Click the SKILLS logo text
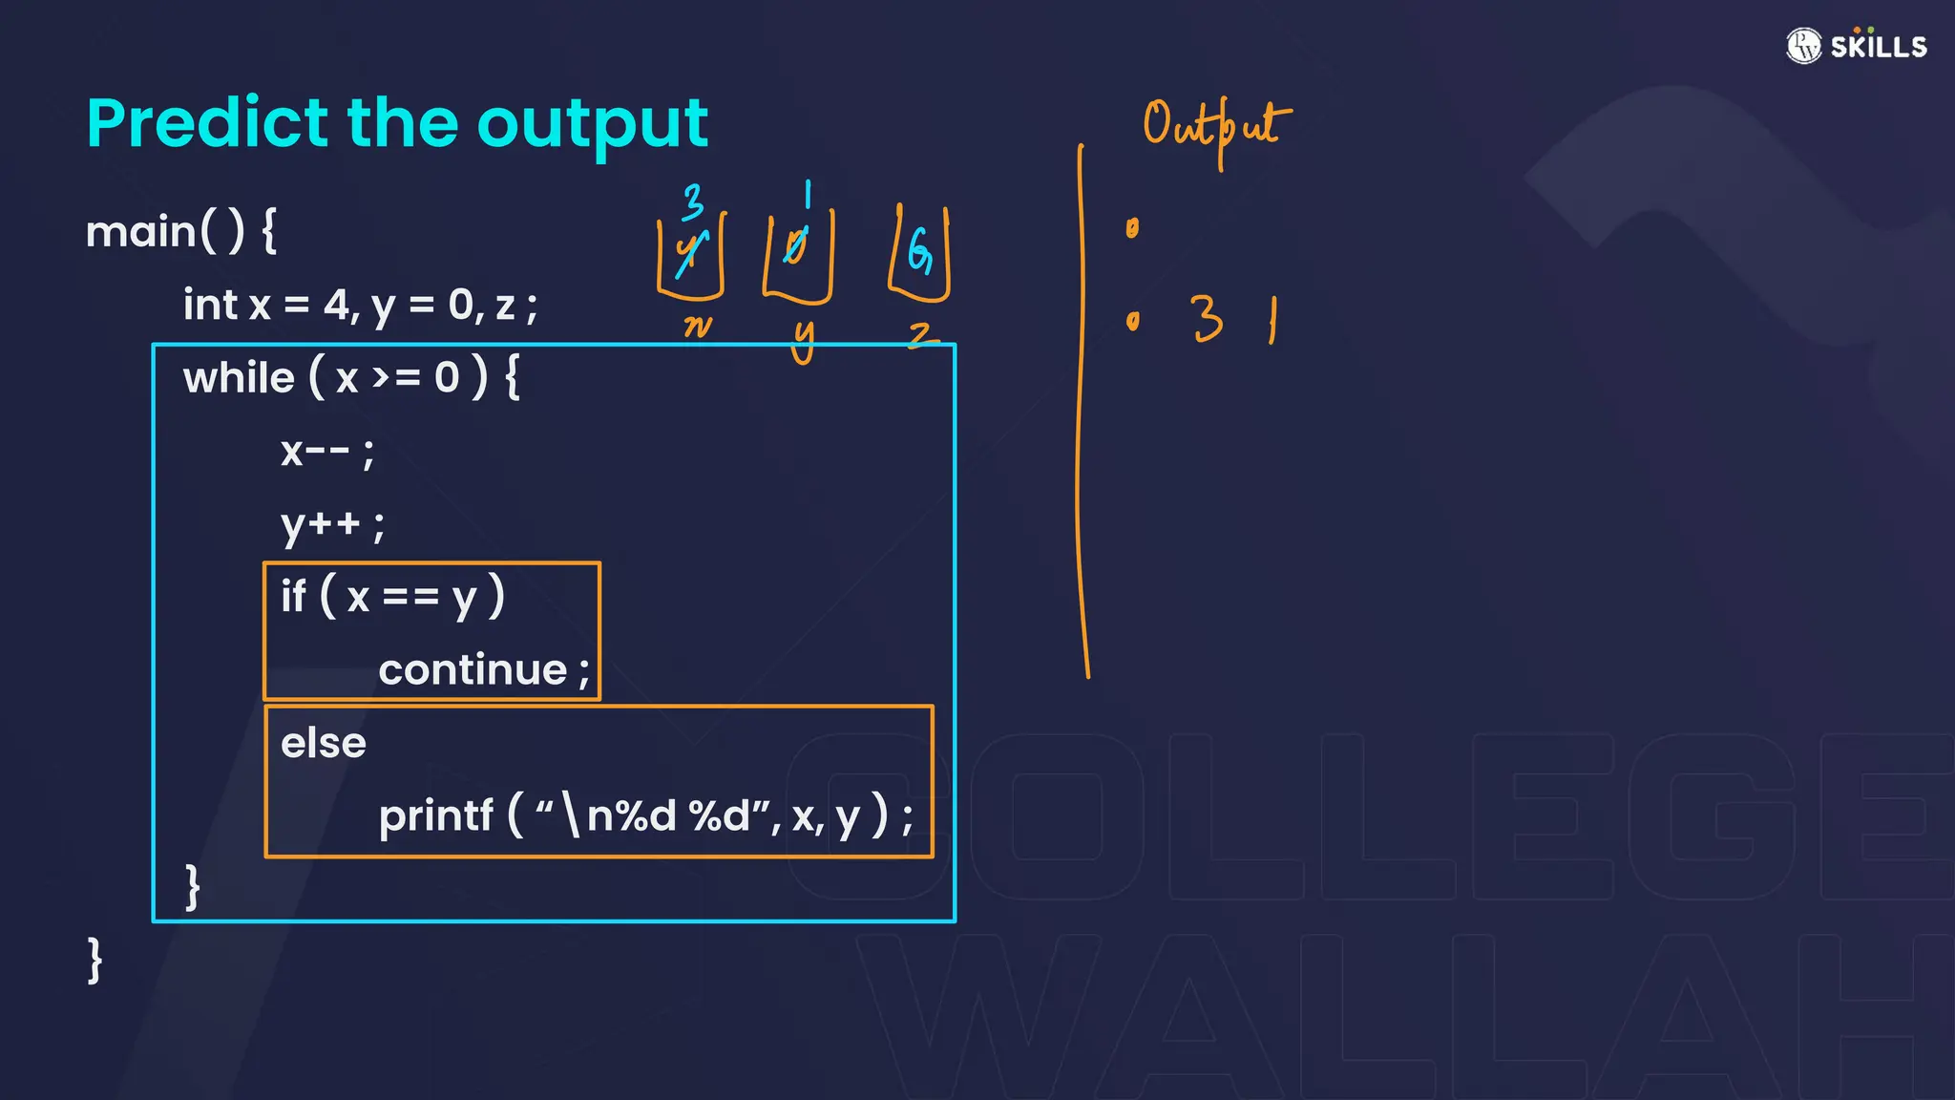click(1878, 47)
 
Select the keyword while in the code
click(239, 378)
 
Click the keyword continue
click(473, 670)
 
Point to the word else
click(324, 743)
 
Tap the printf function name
click(435, 816)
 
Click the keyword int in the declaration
click(210, 306)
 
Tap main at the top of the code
click(139, 232)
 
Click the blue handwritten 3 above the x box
click(693, 201)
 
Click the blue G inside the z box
click(918, 251)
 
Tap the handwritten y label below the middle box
click(804, 340)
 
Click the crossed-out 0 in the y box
click(795, 246)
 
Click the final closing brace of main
click(95, 960)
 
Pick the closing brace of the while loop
click(193, 887)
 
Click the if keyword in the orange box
click(292, 597)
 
